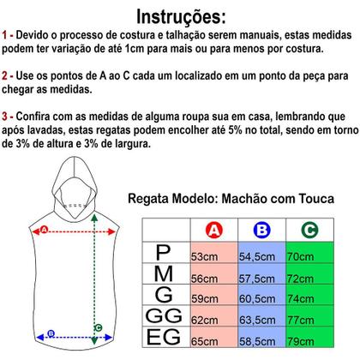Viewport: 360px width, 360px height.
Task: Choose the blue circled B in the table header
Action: point(261,231)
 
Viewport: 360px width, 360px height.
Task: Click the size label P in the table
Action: point(164,253)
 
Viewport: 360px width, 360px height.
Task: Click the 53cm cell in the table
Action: point(204,255)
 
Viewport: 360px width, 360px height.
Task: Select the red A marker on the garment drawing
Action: point(44,230)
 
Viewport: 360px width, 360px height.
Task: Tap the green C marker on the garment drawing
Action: point(99,326)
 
